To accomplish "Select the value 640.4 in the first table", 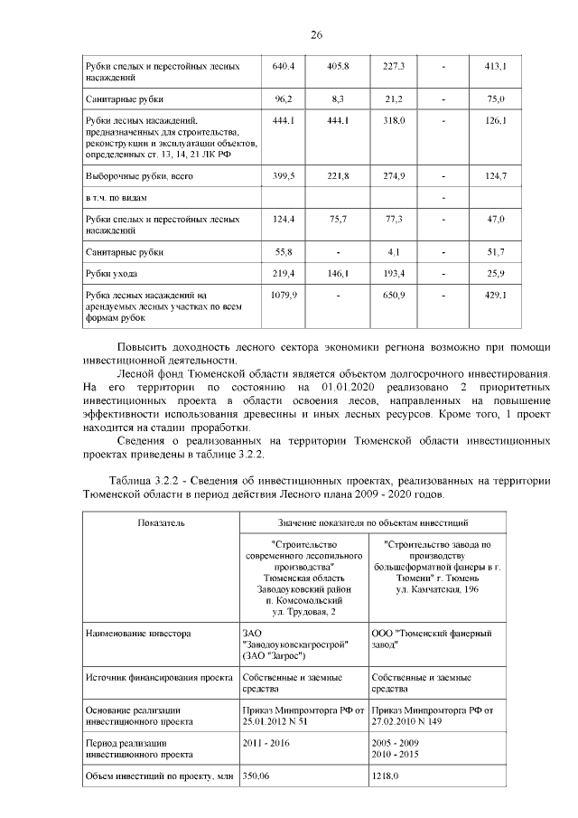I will pyautogui.click(x=284, y=67).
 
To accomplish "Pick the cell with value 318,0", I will pyautogui.click(x=395, y=120).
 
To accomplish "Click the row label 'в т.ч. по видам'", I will pyautogui.click(x=116, y=196).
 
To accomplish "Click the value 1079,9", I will pyautogui.click(x=284, y=295).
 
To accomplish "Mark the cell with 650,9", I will pyautogui.click(x=395, y=295).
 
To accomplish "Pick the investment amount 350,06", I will pyautogui.click(x=262, y=776).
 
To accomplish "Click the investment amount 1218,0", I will pyautogui.click(x=387, y=776).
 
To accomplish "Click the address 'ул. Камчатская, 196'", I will pyautogui.click(x=436, y=590).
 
